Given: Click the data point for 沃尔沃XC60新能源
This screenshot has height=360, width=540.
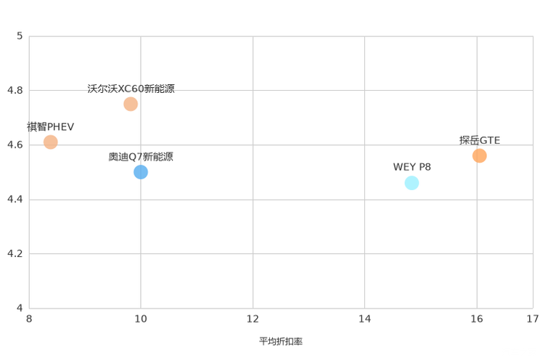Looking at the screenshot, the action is (x=131, y=104).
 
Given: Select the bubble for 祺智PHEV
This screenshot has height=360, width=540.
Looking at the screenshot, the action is (x=50, y=142).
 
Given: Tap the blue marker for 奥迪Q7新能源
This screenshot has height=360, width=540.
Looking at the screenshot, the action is (x=141, y=172).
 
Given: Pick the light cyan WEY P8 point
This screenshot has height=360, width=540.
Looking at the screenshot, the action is (x=412, y=183).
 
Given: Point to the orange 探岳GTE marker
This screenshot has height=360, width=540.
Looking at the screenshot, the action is (x=479, y=156).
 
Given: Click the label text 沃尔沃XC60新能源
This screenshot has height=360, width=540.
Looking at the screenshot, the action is (x=131, y=89).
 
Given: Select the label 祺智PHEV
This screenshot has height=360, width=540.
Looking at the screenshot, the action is (x=50, y=127).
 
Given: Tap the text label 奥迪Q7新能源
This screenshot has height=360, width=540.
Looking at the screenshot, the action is (x=141, y=157).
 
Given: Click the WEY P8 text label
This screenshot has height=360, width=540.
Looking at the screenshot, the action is (x=412, y=167).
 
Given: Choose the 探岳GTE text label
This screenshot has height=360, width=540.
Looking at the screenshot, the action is (x=479, y=141).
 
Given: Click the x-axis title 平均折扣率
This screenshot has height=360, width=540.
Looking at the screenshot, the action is (x=281, y=341).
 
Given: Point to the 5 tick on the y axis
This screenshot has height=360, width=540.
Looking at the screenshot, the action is (x=20, y=36).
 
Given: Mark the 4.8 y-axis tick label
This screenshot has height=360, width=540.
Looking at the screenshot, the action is (x=15, y=90).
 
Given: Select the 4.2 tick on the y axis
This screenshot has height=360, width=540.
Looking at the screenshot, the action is (x=15, y=253).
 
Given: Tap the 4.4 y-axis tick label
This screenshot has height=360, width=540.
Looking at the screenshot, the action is (x=15, y=199).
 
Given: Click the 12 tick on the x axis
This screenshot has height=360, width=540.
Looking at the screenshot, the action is (x=253, y=319).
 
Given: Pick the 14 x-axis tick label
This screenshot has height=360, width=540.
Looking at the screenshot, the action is (x=364, y=319).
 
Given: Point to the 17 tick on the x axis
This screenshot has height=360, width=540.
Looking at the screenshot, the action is (x=533, y=319).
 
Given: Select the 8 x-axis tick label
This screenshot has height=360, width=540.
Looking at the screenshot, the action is (x=29, y=319).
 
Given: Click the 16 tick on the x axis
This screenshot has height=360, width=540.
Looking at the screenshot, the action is (x=477, y=319).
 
